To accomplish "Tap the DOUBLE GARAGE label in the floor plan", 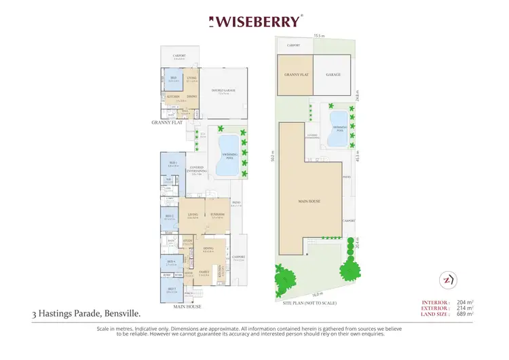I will click(x=221, y=92).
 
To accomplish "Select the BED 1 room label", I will click(x=172, y=163).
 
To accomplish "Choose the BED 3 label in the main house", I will click(x=172, y=289).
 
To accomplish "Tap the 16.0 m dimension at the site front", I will click(x=317, y=293).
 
